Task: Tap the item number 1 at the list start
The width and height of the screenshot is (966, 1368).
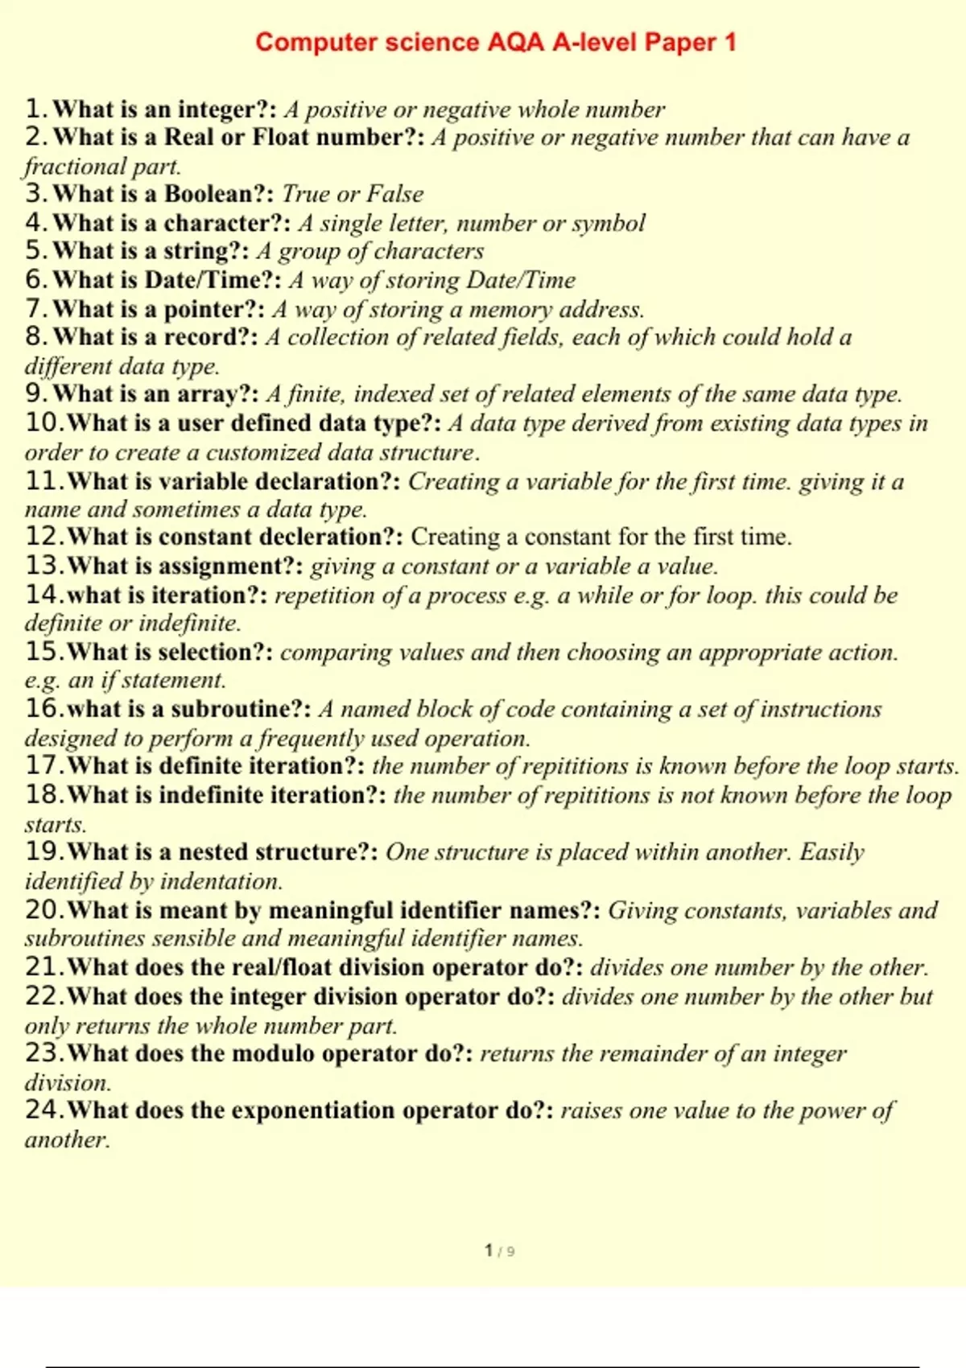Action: [x=33, y=109]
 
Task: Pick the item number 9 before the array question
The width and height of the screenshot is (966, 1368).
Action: [x=33, y=394]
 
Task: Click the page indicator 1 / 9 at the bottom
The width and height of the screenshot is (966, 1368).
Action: [x=499, y=1251]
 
